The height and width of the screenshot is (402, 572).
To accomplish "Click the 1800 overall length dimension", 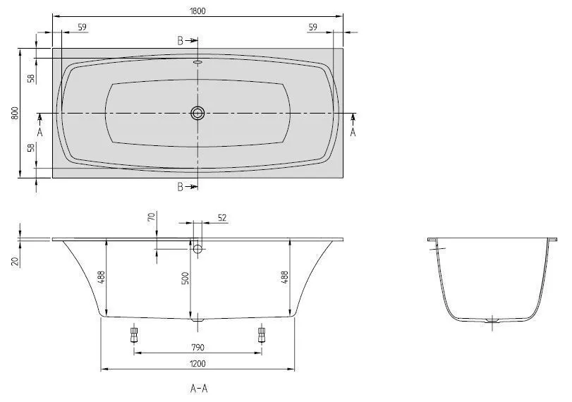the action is (197, 11).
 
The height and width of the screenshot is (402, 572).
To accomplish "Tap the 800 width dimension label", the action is (15, 114).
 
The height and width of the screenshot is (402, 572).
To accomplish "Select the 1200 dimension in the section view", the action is (197, 363).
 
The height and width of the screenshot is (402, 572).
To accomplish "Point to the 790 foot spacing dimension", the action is (197, 347).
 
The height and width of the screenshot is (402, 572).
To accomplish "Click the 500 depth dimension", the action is (185, 279).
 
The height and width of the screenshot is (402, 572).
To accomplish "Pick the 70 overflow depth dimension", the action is (152, 217).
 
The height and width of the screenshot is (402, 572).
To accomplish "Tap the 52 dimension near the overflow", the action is (222, 218).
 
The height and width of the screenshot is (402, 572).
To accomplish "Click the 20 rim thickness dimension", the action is (15, 261).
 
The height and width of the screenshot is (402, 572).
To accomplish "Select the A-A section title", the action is (199, 389).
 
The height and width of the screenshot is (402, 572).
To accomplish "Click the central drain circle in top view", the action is (197, 113).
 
